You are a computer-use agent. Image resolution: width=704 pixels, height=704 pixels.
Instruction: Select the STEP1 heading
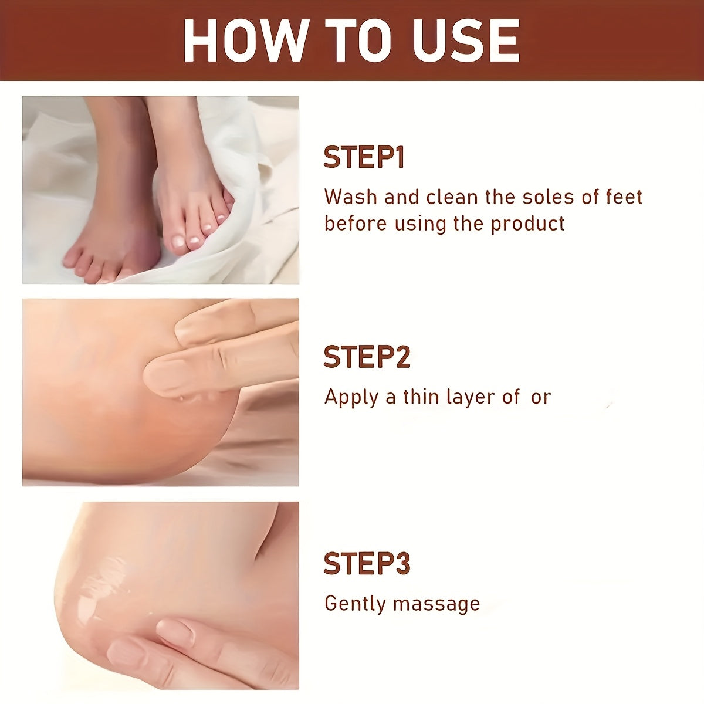(x=364, y=157)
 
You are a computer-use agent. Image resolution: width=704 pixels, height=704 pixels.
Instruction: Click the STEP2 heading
(x=367, y=357)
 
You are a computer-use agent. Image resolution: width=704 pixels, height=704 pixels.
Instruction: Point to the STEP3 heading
(x=367, y=563)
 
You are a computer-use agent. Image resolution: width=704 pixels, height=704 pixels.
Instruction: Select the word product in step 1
(x=527, y=225)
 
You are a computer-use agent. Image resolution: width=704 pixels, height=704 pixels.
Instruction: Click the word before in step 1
(x=356, y=224)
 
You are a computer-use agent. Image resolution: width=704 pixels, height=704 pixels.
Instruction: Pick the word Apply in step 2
(x=351, y=398)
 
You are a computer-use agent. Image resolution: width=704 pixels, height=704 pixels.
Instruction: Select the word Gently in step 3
(x=355, y=604)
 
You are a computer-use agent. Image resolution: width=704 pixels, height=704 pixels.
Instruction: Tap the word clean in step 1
(x=452, y=197)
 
